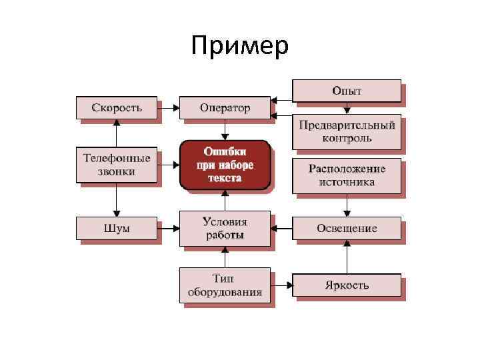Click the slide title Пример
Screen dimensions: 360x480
(239, 47)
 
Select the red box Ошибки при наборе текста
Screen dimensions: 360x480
(225, 164)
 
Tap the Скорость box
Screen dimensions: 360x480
(117, 107)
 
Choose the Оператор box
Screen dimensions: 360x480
(225, 107)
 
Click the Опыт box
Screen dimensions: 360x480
(347, 91)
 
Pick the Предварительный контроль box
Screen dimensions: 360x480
(347, 131)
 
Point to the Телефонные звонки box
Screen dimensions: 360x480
(117, 165)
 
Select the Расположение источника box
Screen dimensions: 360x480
(347, 175)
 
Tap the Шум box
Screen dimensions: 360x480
(117, 228)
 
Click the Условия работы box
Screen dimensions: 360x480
(225, 228)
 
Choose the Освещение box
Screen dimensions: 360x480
(347, 228)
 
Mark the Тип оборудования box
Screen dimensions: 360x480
(225, 285)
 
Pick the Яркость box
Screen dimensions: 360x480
(347, 285)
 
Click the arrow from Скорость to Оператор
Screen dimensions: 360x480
(168, 107)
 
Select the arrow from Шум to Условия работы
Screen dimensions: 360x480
(168, 228)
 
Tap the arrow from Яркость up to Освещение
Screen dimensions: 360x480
(347, 257)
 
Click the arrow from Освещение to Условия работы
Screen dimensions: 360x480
(281, 228)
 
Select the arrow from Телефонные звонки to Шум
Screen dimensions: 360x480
(117, 199)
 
